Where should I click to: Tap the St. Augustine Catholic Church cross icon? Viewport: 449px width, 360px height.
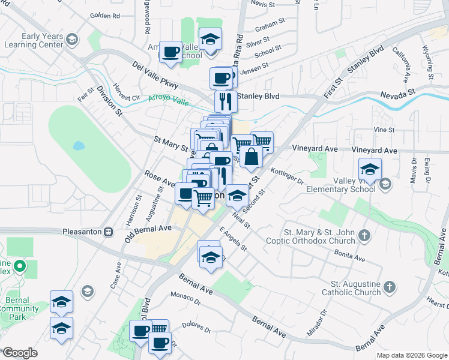click(390, 286)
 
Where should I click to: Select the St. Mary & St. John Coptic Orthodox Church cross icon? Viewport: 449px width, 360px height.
click(364, 236)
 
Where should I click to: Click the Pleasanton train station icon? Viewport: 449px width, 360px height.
click(109, 232)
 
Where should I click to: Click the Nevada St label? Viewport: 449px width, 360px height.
click(398, 94)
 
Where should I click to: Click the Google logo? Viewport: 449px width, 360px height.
click(20, 353)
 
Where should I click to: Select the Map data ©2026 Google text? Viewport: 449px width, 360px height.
click(411, 355)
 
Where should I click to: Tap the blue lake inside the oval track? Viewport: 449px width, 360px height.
click(79, 146)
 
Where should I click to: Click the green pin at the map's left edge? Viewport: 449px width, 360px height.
click(20, 266)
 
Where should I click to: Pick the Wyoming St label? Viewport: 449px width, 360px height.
click(428, 62)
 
